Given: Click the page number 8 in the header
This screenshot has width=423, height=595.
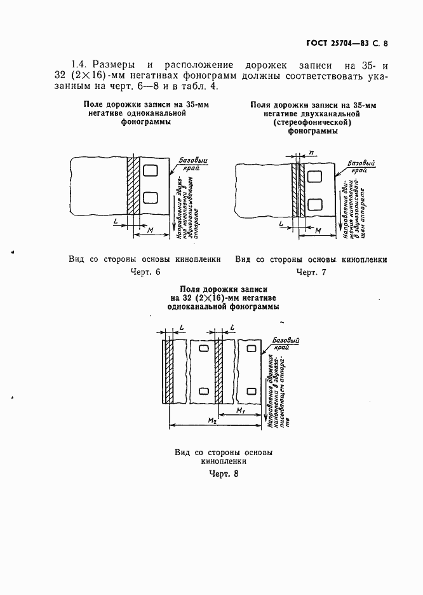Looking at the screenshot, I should tap(386, 44).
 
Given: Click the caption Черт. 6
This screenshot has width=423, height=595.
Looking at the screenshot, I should tap(145, 272).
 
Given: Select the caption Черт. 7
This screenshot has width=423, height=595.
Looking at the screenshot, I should tap(311, 272).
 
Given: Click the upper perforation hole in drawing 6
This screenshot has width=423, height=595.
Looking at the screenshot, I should tap(151, 170).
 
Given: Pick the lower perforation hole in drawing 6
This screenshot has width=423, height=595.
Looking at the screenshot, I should tap(151, 198).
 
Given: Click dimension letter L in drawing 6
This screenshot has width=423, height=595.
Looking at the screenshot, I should tap(114, 220).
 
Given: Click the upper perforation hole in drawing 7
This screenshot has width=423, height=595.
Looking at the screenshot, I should tap(313, 172).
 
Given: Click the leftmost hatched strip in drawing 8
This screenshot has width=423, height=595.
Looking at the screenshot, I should tap(167, 371).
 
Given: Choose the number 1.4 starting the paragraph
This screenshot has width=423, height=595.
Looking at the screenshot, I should tap(79, 65).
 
